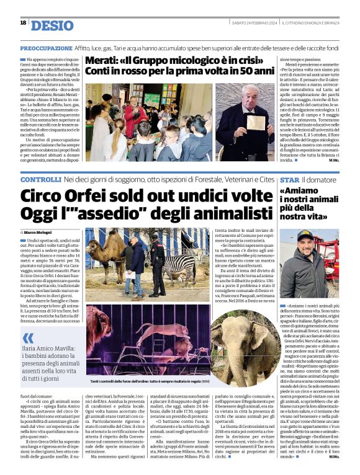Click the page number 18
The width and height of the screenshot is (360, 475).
(23, 23)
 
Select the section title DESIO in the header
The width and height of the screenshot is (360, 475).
(52, 24)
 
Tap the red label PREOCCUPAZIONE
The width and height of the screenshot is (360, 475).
(46, 48)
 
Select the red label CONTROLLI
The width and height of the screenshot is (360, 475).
(40, 180)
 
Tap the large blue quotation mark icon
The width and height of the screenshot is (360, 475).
(27, 337)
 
